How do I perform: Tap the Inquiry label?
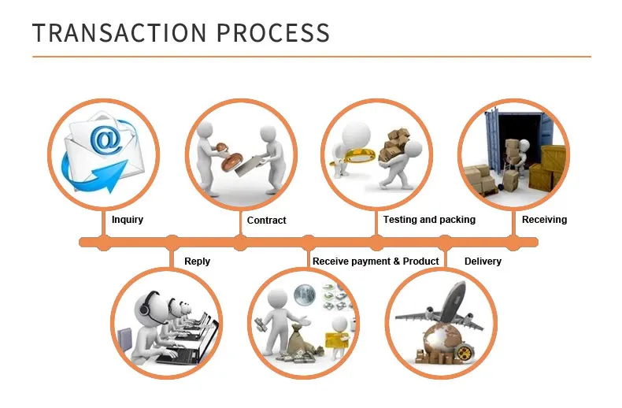[x=128, y=220]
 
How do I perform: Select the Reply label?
[x=197, y=261]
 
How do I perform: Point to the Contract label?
[x=267, y=221]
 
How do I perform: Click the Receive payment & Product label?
[x=376, y=261]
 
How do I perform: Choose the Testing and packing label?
[x=429, y=220]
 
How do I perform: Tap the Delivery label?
[x=483, y=261]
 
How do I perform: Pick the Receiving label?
[x=544, y=220]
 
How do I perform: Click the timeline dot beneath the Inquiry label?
[x=104, y=242]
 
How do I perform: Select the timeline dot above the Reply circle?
[x=172, y=242]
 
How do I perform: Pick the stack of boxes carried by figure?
[x=393, y=143]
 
